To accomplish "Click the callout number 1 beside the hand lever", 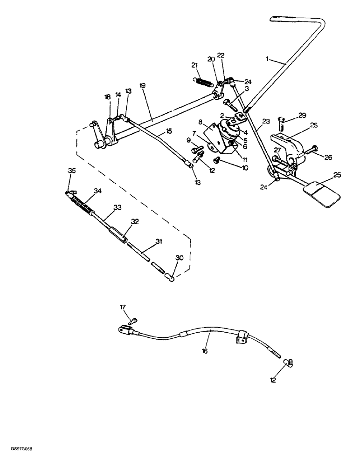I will tap(268, 59).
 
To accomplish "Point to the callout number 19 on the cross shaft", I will tap(143, 86).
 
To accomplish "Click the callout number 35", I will tap(71, 171).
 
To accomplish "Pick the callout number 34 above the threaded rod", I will tap(97, 191).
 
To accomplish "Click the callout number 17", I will tap(123, 307).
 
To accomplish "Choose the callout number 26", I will tap(329, 158).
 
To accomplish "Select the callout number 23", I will tap(265, 121).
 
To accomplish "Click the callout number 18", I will tap(108, 97).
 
